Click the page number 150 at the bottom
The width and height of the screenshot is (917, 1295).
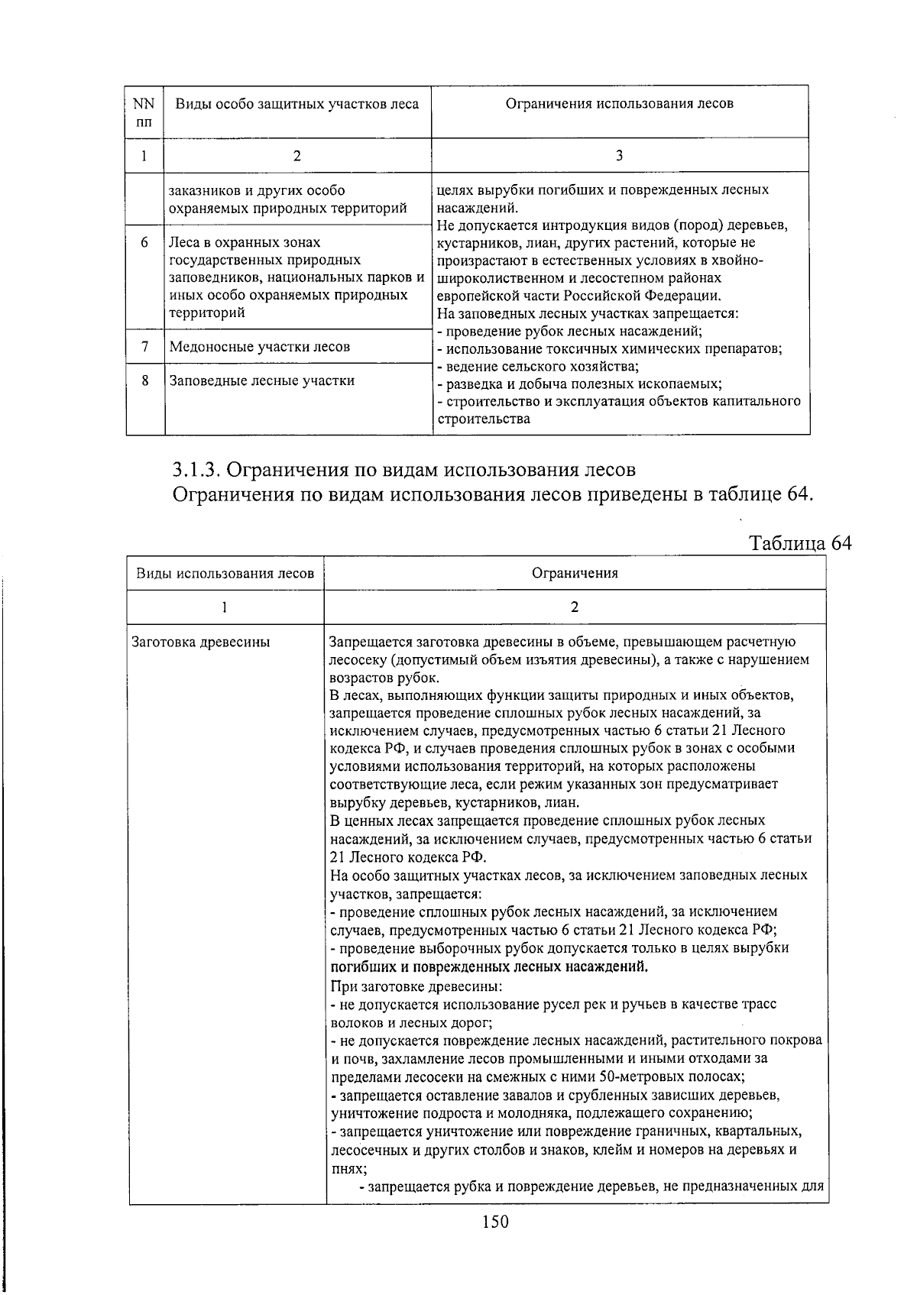495,1222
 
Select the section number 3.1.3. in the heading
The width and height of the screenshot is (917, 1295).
196,468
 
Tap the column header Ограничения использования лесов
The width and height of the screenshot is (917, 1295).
619,104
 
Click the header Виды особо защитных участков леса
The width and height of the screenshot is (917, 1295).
297,104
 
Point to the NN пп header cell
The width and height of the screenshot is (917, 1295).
144,112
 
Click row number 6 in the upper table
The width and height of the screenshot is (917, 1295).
144,243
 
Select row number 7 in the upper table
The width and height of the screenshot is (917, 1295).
144,347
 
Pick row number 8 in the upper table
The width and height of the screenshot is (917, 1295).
144,380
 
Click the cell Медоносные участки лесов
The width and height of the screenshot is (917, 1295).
260,347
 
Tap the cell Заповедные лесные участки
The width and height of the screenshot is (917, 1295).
261,380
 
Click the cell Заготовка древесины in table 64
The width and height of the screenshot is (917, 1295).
201,643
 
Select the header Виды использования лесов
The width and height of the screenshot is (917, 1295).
225,574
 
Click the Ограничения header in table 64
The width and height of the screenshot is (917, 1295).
575,574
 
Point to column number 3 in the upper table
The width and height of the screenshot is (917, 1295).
619,156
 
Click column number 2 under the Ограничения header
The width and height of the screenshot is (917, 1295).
575,607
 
